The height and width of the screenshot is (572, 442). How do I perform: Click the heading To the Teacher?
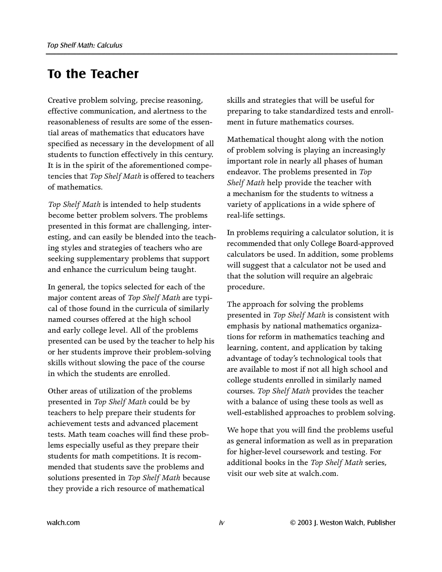pos(93,74)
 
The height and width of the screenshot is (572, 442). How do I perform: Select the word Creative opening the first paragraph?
pos(62,100)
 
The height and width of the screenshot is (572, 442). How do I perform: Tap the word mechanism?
pos(252,194)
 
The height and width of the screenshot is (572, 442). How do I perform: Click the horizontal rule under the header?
pos(221,54)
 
